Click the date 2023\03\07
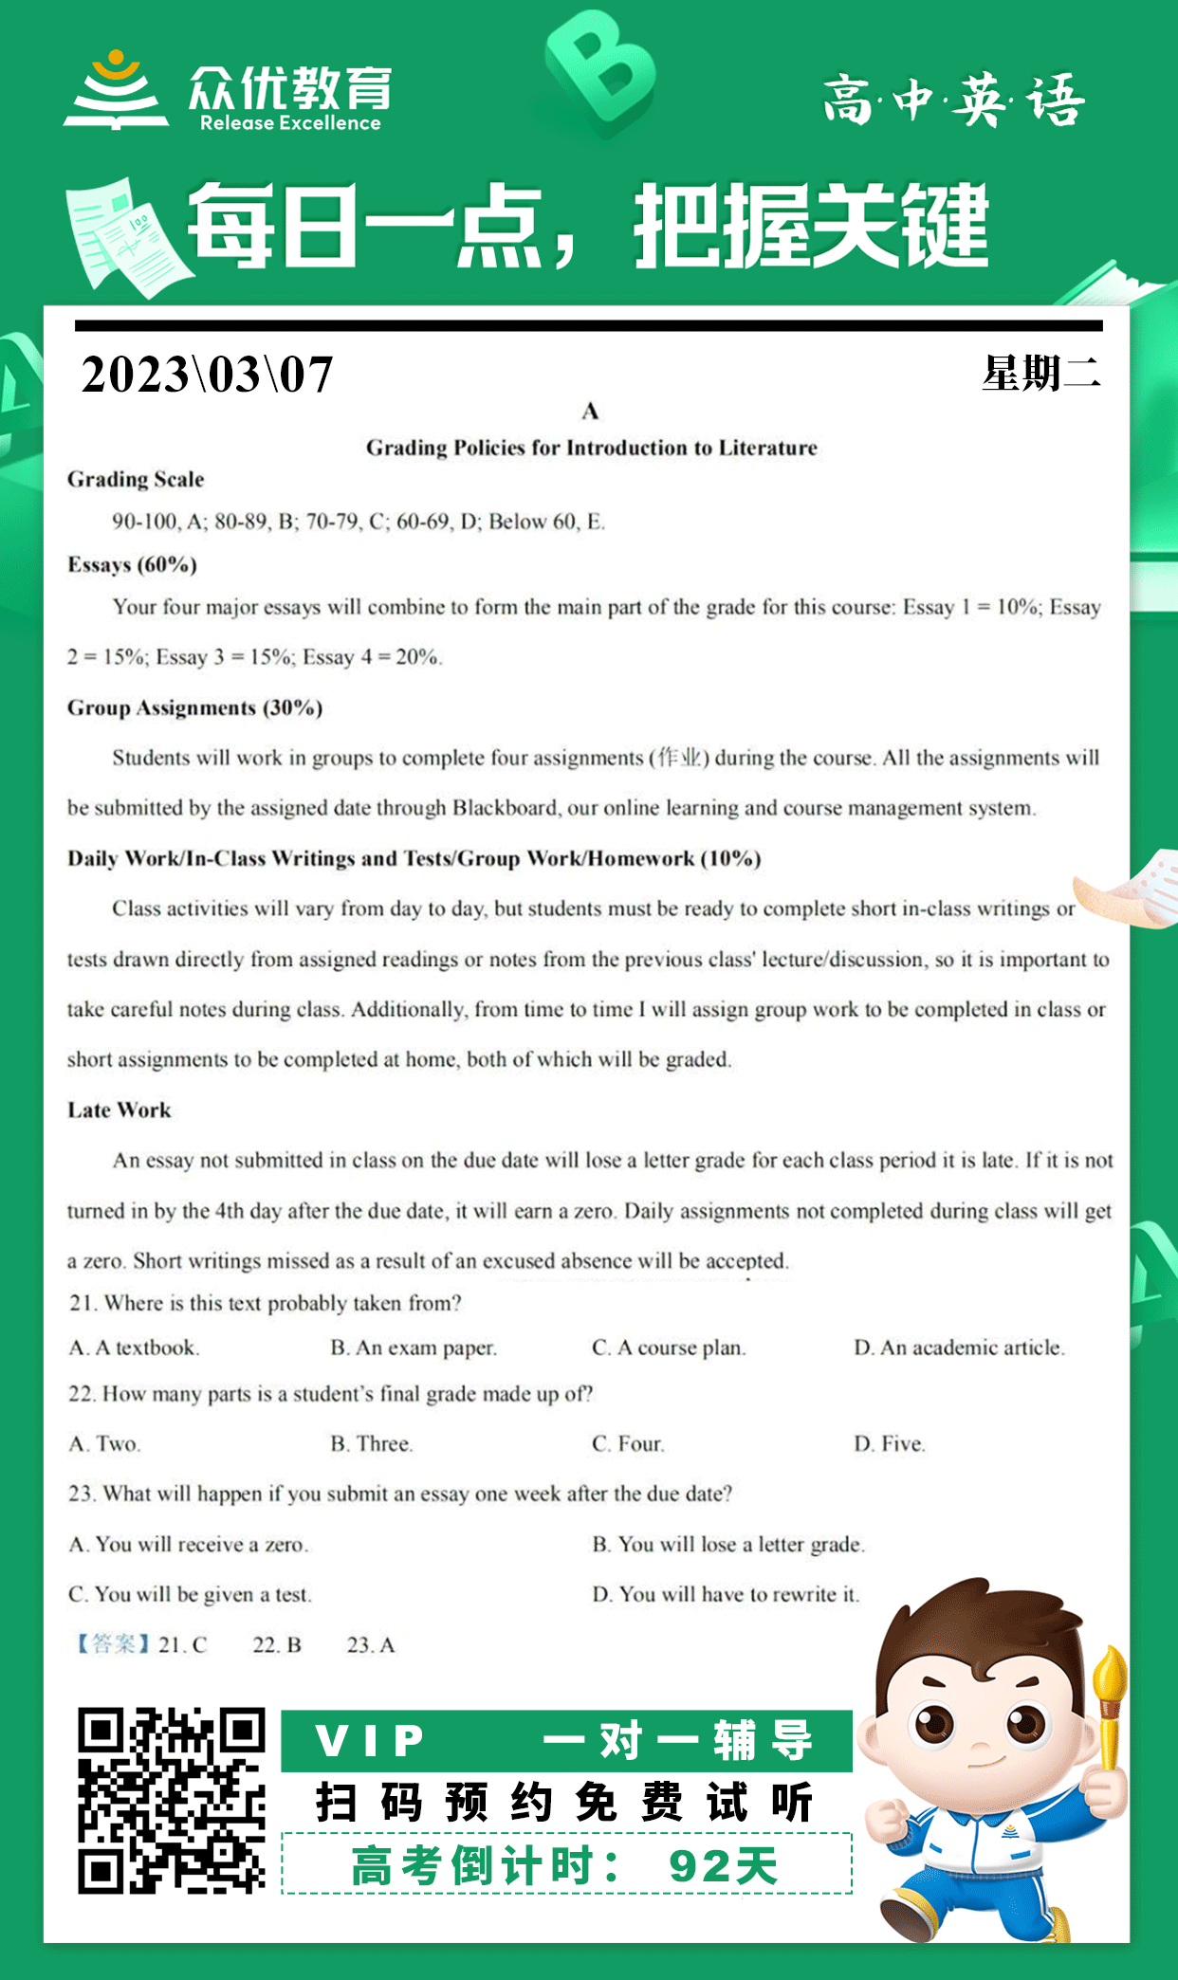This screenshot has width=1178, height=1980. click(x=207, y=375)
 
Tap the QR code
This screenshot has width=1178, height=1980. click(x=172, y=1801)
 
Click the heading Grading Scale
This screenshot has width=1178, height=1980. click(x=136, y=480)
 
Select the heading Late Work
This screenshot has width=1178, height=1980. click(x=120, y=1110)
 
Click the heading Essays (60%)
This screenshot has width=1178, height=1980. click(x=132, y=565)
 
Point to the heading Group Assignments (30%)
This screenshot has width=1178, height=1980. click(x=194, y=708)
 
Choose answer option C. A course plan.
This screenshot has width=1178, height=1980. click(x=669, y=1347)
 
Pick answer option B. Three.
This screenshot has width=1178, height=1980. click(x=372, y=1444)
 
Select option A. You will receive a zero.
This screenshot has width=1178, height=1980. click(x=189, y=1545)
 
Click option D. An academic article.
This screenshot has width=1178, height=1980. click(x=959, y=1347)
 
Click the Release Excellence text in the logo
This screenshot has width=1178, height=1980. click(x=290, y=123)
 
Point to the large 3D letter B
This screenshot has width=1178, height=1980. click(x=600, y=71)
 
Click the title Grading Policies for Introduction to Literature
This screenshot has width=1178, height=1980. click(x=591, y=448)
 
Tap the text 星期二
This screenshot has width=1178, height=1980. click(x=1041, y=374)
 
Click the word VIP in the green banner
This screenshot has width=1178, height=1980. click(x=371, y=1741)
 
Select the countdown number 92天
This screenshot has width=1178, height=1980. click(x=723, y=1866)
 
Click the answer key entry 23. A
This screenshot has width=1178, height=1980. click(x=370, y=1645)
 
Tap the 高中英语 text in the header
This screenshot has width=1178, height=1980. click(x=953, y=101)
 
